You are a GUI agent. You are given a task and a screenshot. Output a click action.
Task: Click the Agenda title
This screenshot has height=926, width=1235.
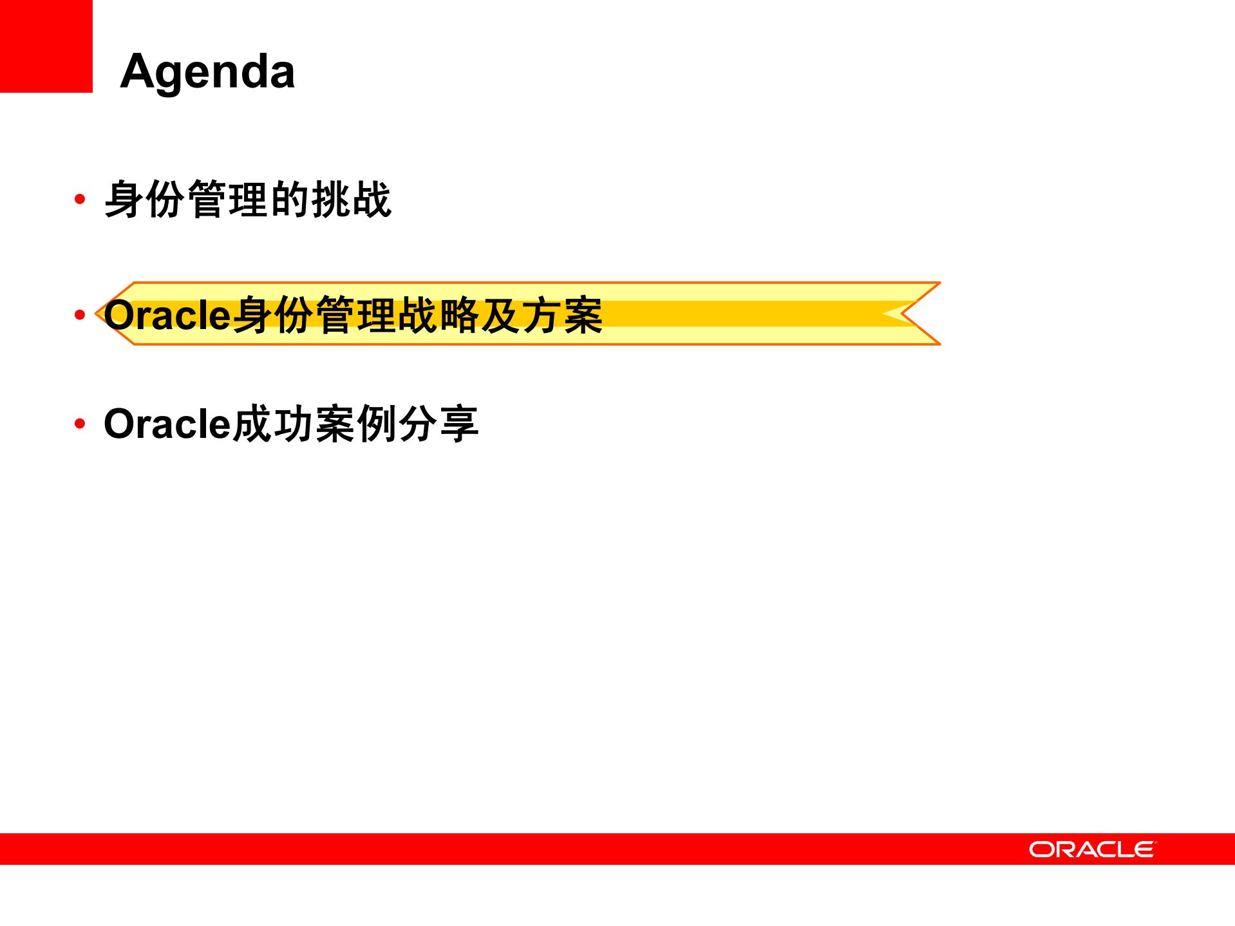pos(207,71)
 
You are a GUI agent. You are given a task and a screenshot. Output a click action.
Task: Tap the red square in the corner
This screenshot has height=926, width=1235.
pos(46,46)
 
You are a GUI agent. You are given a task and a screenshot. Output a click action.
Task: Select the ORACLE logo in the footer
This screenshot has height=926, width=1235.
pos(1092,849)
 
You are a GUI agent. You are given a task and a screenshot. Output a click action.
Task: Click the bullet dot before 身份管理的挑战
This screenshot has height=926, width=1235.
pos(80,199)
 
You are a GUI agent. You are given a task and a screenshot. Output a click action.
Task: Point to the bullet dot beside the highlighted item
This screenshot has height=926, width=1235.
pos(80,314)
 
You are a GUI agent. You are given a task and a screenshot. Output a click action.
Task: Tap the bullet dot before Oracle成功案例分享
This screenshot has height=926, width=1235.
pos(80,423)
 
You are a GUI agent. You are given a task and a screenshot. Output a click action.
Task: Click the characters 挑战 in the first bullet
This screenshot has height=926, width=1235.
pos(352,200)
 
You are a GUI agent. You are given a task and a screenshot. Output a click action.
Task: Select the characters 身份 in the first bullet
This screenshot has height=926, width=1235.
pos(145,200)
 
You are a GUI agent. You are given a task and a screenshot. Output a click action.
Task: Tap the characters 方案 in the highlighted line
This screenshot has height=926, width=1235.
pos(562,315)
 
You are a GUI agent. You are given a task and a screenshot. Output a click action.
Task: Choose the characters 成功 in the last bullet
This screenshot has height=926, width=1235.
pos(274,424)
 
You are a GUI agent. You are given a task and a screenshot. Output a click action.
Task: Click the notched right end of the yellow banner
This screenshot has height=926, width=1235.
pos(914,314)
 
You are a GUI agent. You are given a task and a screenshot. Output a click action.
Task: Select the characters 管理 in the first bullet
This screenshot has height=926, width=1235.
pos(228,200)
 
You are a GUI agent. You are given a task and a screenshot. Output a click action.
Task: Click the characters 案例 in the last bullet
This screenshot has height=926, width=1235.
pos(356,424)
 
